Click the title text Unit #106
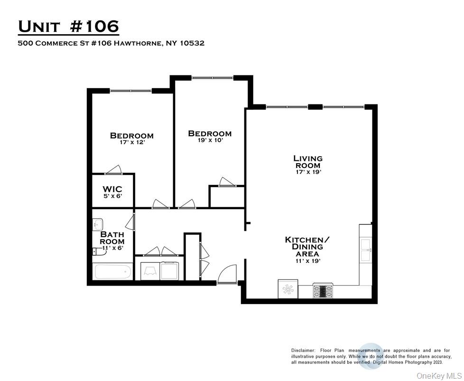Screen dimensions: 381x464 68,27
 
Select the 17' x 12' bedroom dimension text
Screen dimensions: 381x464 131,142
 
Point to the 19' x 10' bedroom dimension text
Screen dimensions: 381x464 209,140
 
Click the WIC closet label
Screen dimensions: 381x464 112,189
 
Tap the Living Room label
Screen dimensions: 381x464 307,161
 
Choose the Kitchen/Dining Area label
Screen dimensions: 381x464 304,247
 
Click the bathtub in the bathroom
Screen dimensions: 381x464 113,272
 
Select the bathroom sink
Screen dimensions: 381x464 98,223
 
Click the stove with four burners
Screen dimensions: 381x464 324,290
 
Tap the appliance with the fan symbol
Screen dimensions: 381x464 288,288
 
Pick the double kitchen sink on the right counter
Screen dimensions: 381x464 366,250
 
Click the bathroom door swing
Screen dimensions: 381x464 131,222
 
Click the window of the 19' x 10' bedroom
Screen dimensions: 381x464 212,77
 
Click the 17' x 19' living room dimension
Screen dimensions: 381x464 308,172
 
